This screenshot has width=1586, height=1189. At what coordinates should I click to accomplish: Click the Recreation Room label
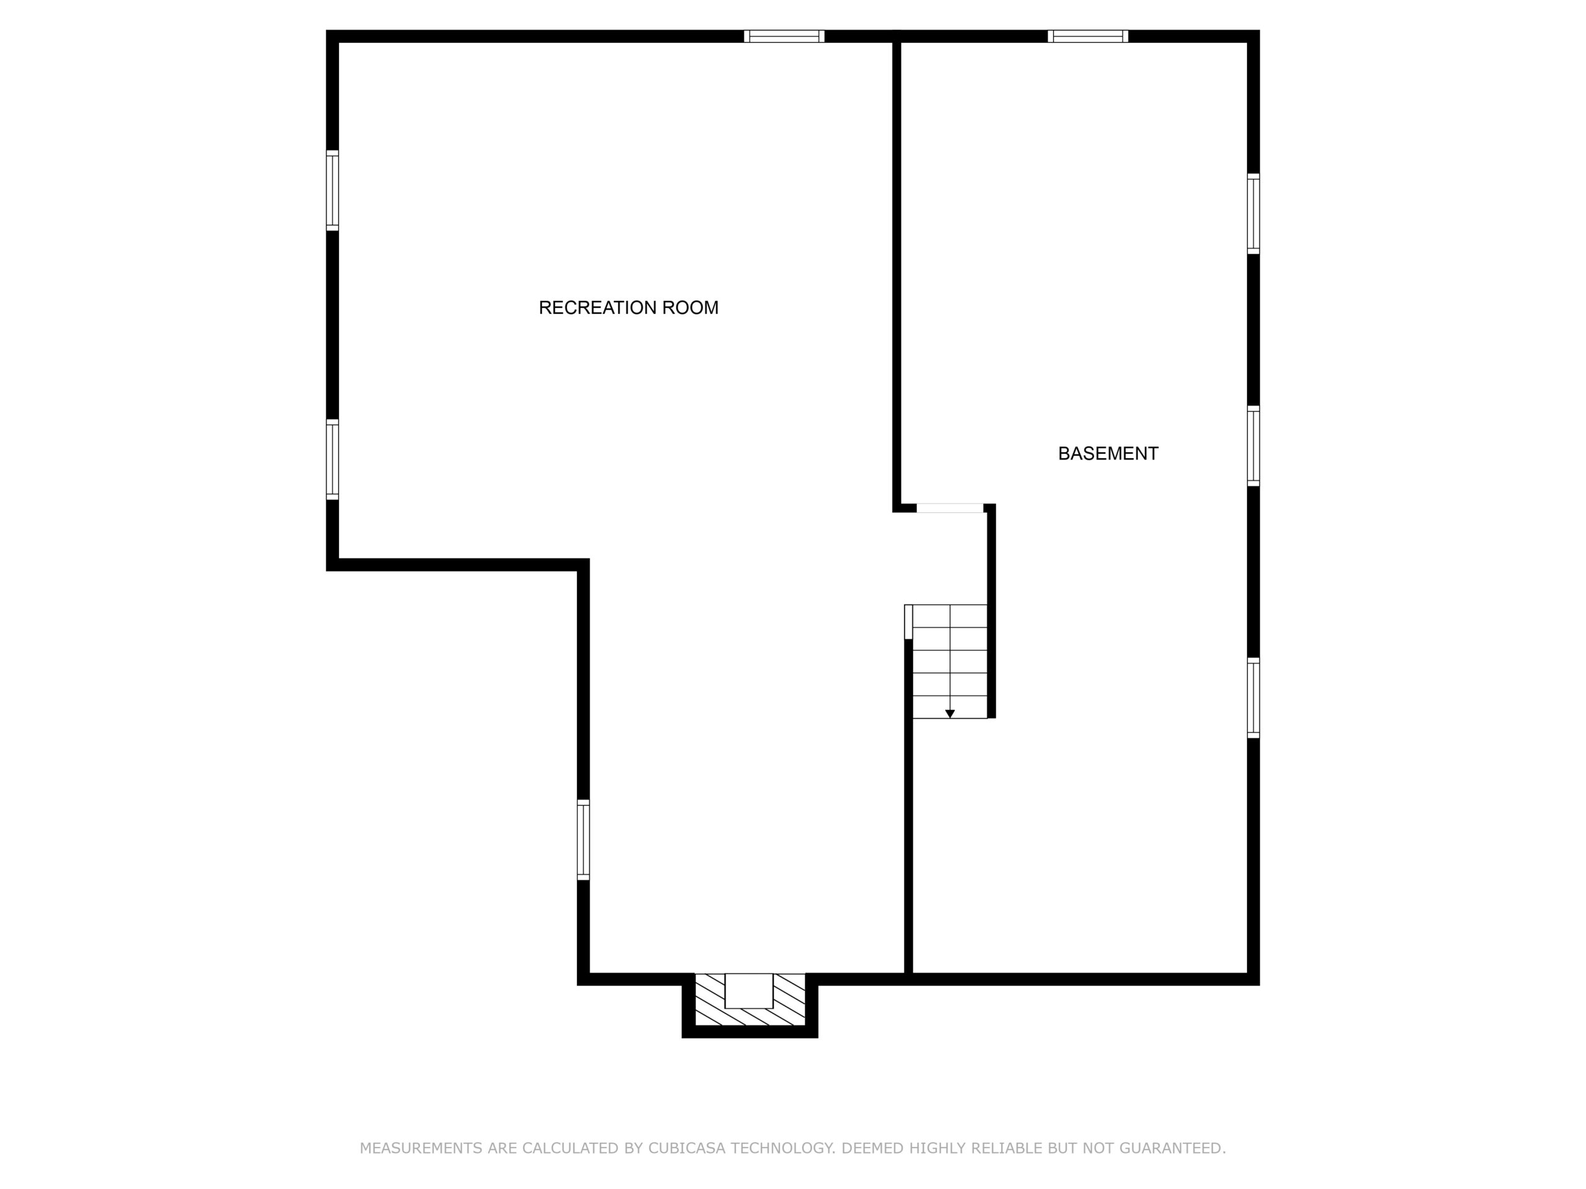click(628, 307)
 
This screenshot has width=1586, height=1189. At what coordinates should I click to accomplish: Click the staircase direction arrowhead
click(950, 714)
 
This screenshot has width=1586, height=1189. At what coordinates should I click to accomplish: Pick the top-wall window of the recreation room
click(784, 37)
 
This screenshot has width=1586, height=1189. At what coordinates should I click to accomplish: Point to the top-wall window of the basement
click(1088, 37)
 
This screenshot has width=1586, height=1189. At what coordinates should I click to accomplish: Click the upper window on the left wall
click(333, 191)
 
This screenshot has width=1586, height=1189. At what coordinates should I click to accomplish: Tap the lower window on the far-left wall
click(333, 459)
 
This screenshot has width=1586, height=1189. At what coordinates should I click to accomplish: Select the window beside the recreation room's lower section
click(584, 839)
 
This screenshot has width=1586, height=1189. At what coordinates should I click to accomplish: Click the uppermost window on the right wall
click(1253, 214)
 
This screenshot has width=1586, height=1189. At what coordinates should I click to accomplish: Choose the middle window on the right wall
click(1253, 446)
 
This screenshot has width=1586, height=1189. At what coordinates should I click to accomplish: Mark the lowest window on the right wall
click(1253, 697)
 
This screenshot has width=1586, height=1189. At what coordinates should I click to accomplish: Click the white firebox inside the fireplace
click(749, 990)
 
